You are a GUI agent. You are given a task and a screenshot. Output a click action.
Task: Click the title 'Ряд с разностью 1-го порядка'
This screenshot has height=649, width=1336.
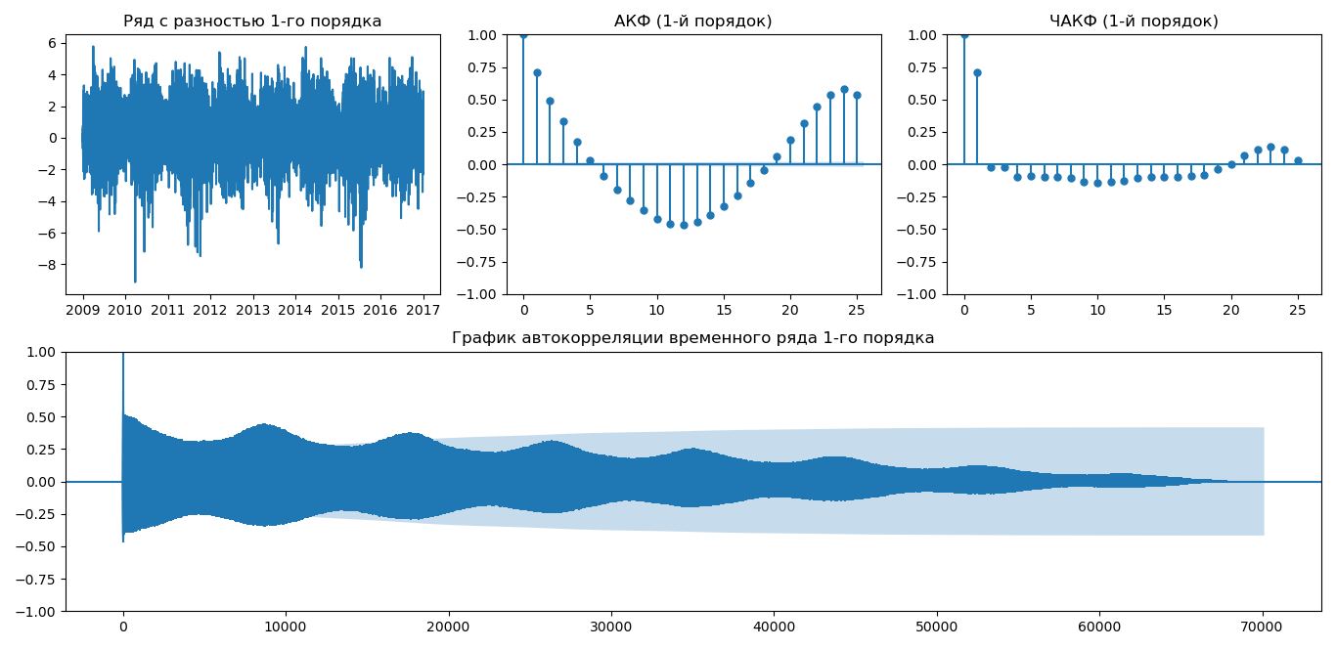pyautogui.click(x=252, y=22)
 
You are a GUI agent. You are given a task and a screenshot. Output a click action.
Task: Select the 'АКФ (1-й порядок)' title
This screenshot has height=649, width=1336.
pyautogui.click(x=692, y=22)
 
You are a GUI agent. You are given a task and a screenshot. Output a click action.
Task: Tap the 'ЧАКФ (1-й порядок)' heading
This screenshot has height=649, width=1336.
pyautogui.click(x=1134, y=22)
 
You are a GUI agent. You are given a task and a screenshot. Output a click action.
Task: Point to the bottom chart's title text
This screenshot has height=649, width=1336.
pyautogui.click(x=692, y=338)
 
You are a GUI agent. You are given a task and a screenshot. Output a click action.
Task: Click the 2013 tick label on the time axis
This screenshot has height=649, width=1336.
pyautogui.click(x=252, y=310)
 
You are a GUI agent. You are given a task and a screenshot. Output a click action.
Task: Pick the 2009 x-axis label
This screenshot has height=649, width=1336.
pyautogui.click(x=83, y=310)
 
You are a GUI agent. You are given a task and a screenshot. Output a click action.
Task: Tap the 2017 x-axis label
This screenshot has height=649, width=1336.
pyautogui.click(x=423, y=310)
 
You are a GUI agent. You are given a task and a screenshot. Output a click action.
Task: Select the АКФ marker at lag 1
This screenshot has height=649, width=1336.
pyautogui.click(x=537, y=72)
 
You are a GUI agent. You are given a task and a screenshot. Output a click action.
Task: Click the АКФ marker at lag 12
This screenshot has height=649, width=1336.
pyautogui.click(x=684, y=225)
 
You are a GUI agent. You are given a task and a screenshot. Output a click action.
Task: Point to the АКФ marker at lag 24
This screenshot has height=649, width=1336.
pyautogui.click(x=844, y=89)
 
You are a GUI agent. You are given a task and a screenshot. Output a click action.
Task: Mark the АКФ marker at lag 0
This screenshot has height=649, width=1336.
pyautogui.click(x=523, y=35)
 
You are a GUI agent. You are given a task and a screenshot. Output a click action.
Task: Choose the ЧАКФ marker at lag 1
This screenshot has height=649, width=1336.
pyautogui.click(x=977, y=72)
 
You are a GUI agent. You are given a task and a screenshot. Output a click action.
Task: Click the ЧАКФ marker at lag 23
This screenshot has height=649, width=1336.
pyautogui.click(x=1270, y=147)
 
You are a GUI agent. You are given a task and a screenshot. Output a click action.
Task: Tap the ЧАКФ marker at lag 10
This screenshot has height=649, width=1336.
pyautogui.click(x=1097, y=183)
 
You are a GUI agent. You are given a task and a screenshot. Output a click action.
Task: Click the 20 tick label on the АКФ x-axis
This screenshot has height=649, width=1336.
pyautogui.click(x=790, y=310)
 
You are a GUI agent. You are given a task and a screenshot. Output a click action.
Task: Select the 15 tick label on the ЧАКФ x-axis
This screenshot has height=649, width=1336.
pyautogui.click(x=1164, y=310)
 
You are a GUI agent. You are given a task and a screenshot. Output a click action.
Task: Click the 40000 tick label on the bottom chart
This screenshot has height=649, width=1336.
pyautogui.click(x=774, y=627)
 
